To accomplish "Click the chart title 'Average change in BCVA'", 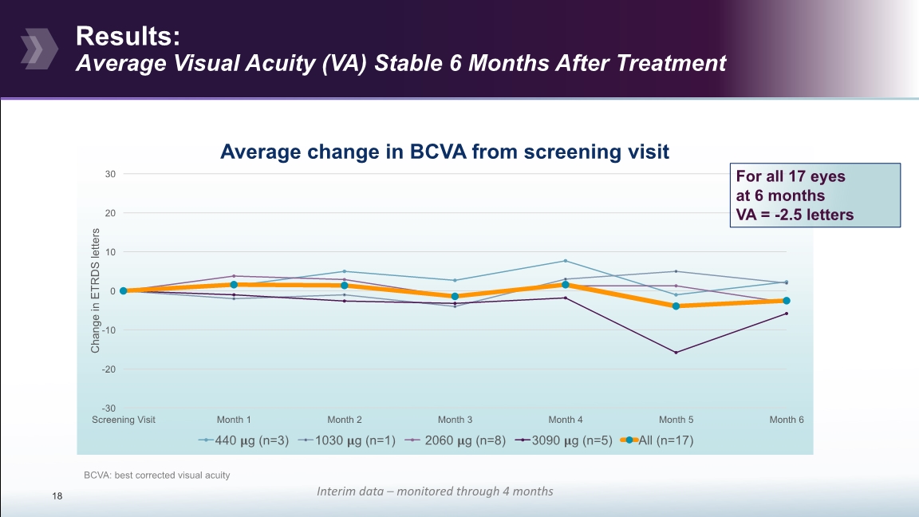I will (444, 152).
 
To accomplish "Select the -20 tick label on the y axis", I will (109, 369).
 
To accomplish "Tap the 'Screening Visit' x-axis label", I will (124, 420).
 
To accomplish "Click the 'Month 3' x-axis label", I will (455, 420).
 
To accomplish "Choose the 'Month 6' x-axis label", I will (786, 420).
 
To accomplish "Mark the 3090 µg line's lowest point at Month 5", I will (676, 353).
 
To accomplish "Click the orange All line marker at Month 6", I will (787, 301).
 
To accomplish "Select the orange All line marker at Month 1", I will (234, 285).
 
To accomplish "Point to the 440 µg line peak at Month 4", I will (566, 261).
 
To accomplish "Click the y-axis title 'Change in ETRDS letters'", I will (95, 290).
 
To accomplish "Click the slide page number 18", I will (57, 497).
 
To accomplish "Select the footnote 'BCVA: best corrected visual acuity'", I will (156, 476).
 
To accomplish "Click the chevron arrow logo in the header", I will (38, 47).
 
